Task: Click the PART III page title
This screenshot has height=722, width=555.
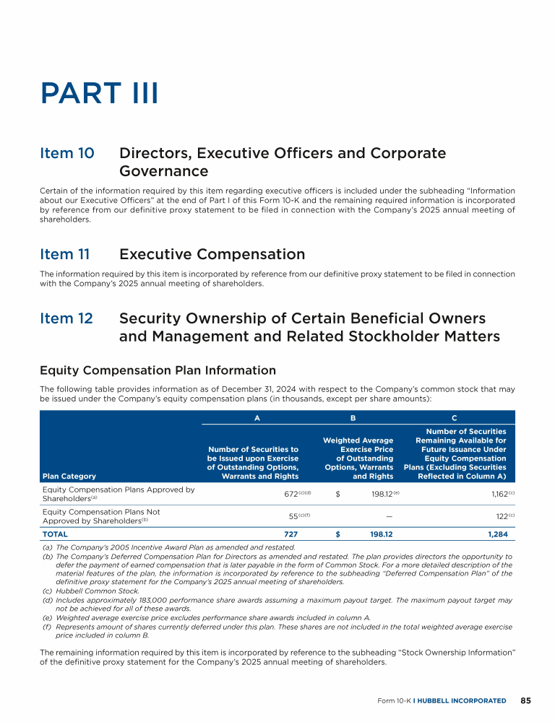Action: pyautogui.click(x=99, y=94)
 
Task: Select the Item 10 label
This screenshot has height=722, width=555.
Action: pyautogui.click(x=66, y=153)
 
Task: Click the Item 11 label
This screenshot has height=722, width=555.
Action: pyautogui.click(x=66, y=254)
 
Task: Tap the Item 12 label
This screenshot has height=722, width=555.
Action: pyautogui.click(x=66, y=318)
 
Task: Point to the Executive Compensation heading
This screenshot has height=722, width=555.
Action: pyautogui.click(x=212, y=254)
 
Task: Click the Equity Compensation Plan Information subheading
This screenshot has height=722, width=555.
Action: pyautogui.click(x=158, y=370)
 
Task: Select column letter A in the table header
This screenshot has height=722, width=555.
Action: pyautogui.click(x=257, y=417)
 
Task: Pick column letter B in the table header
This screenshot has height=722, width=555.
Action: pyautogui.click(x=353, y=417)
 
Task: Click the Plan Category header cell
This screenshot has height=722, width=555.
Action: pyautogui.click(x=69, y=476)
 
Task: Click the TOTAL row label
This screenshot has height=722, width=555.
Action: pyautogui.click(x=55, y=534)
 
